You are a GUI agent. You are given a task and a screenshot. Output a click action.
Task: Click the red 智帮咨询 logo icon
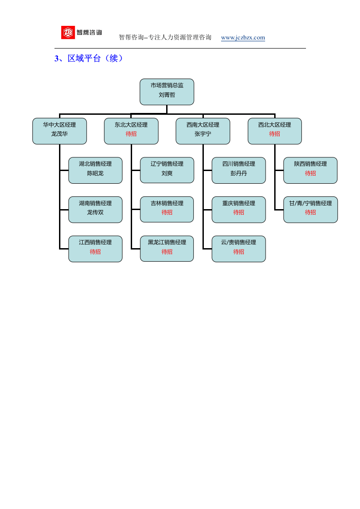68,33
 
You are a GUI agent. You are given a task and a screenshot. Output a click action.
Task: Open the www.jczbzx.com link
243,37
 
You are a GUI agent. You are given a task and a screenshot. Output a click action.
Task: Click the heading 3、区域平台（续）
89,59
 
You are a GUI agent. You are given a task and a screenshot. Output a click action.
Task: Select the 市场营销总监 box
167,92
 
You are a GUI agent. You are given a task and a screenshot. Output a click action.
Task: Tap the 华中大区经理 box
59,131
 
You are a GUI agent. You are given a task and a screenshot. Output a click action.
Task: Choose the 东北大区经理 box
131,131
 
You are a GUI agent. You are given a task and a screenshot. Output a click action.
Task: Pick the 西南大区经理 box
203,131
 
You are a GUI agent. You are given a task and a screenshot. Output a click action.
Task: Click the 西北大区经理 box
275,131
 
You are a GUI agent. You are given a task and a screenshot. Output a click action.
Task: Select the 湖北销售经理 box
95,171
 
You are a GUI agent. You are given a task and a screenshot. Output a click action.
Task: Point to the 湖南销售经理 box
95,210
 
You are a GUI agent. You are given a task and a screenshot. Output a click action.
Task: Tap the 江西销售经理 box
95,249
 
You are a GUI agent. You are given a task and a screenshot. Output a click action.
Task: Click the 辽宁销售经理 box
167,171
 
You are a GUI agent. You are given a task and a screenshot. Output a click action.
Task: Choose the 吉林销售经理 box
167,210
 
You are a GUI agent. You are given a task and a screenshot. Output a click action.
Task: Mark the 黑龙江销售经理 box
167,249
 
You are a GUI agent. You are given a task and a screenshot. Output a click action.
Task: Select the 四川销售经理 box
239,171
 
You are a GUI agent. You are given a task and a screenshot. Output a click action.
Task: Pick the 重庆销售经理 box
239,210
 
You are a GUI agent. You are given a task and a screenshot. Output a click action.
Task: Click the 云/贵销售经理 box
239,249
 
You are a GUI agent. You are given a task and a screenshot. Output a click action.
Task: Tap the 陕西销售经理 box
311,171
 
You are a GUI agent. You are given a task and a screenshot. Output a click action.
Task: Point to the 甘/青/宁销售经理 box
311,210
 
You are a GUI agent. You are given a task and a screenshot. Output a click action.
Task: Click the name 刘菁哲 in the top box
167,95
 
